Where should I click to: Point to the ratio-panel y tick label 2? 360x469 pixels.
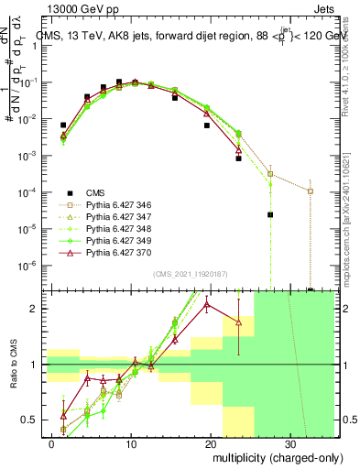pyautogui.click(x=36, y=309)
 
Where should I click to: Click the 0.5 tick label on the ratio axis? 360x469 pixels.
pyautogui.click(x=32, y=420)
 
